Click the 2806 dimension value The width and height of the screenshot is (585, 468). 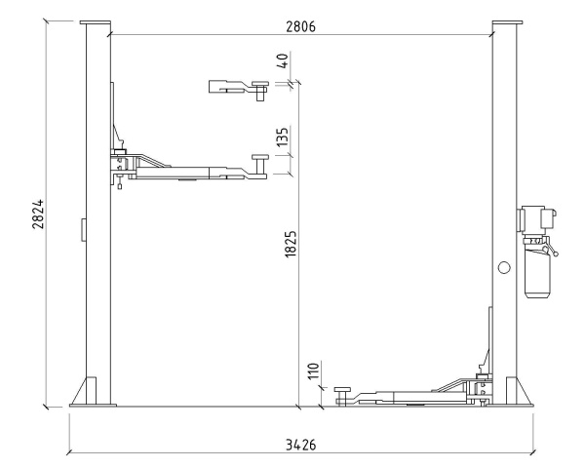point(300,26)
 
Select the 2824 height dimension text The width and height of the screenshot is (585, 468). point(38,214)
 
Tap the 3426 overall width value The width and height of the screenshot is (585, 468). point(300,445)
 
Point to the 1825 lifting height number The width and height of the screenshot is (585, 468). point(291,244)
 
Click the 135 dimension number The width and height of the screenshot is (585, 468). point(283,136)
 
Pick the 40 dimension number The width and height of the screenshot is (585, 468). point(283,60)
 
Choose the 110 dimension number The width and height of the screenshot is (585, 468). point(314,370)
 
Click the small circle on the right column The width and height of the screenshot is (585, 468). point(504,267)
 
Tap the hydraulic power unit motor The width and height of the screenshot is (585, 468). point(536,220)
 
